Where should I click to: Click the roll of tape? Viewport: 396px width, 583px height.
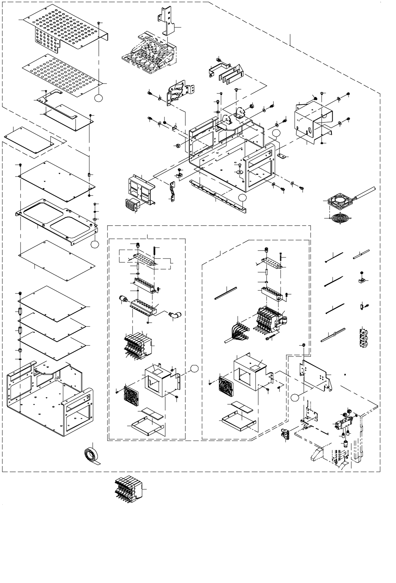tap(92, 454)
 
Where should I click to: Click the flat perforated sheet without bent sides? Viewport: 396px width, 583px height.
tap(63, 71)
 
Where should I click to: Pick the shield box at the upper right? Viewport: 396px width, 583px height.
tap(314, 120)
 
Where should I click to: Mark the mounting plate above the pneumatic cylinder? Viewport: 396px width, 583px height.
tap(316, 374)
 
